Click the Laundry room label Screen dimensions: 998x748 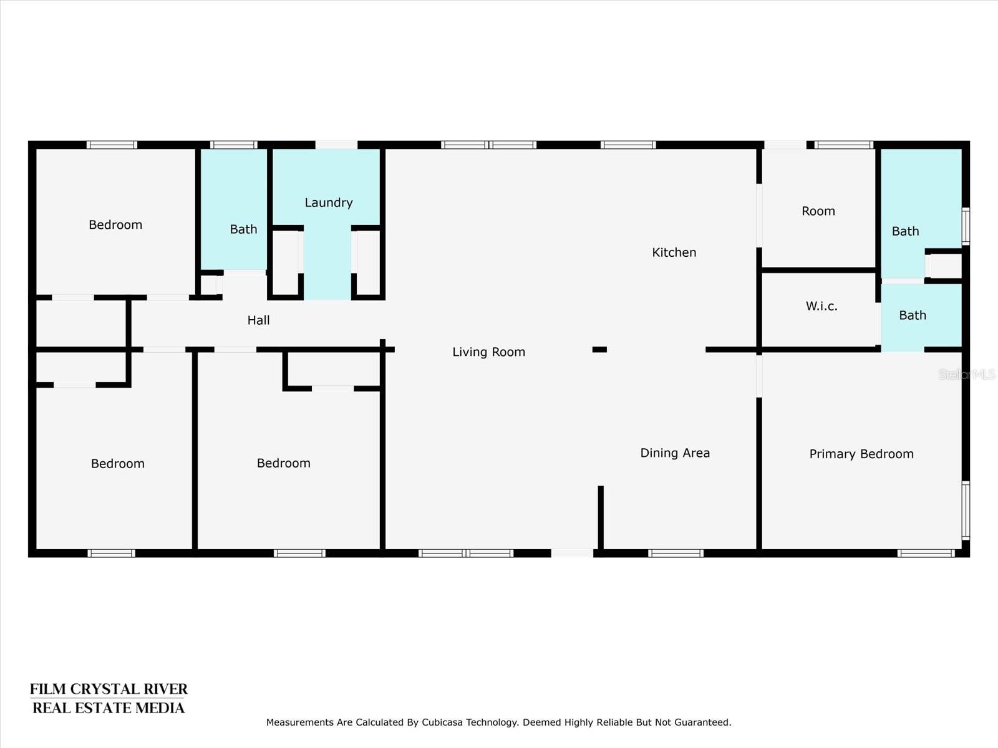pos(328,203)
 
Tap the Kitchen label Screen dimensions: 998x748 pos(674,252)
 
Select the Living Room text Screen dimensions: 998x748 pos(489,352)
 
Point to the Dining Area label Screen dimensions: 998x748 pos(675,453)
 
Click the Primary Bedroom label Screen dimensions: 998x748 pos(861,454)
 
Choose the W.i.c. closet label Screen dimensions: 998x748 pos(821,306)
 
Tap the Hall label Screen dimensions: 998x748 pos(258,320)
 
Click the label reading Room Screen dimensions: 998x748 pos(818,211)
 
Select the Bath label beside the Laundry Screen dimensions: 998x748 pos(243,229)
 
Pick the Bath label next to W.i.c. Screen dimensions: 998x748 pos(913,315)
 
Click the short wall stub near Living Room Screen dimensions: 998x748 pos(599,349)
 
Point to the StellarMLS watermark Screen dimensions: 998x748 pos(967,374)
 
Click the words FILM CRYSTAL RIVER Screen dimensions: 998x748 pos(109,689)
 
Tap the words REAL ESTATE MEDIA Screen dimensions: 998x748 pos(109,708)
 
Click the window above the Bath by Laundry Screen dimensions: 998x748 pos(234,145)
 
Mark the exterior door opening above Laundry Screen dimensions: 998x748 pos(336,145)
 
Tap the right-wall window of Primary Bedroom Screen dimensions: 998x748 pos(966,511)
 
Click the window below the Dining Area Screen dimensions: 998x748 pos(676,553)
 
